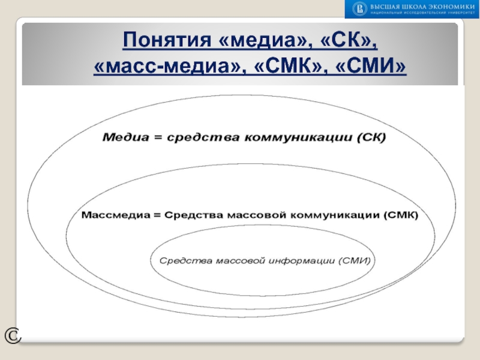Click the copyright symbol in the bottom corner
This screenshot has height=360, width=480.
12,337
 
